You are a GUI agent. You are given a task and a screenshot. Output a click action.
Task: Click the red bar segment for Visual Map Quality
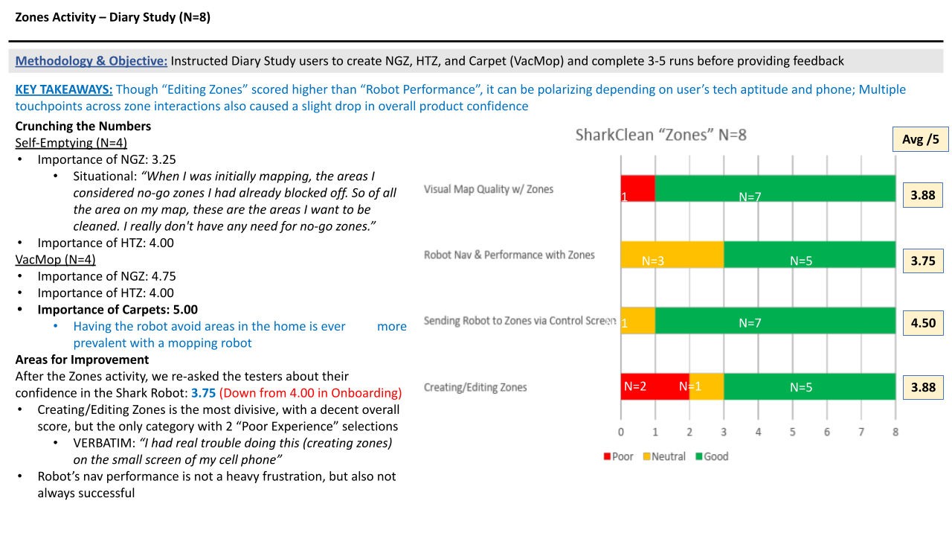(x=637, y=188)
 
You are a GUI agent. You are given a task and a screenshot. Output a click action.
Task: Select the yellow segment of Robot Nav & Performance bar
(x=672, y=255)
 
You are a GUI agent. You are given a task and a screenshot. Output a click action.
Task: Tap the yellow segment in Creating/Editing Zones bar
(x=707, y=386)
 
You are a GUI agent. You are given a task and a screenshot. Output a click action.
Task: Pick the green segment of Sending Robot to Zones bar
(x=775, y=321)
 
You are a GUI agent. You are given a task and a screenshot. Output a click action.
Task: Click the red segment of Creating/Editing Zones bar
(x=654, y=386)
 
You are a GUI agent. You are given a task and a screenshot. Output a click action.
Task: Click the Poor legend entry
(x=619, y=456)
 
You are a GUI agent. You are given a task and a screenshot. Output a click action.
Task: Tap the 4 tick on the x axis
(x=758, y=432)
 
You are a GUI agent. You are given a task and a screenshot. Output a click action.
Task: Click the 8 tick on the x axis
(x=895, y=432)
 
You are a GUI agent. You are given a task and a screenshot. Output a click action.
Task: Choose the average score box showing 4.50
(x=923, y=323)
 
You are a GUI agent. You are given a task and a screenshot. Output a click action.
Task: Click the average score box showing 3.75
(x=923, y=261)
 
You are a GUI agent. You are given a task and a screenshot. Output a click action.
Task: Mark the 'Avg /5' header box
(x=920, y=139)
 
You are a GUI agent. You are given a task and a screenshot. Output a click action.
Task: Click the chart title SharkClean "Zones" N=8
(x=660, y=135)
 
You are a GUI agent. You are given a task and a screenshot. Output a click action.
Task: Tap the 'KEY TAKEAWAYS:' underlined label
(x=64, y=89)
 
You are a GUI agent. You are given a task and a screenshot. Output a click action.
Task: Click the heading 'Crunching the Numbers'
(x=83, y=126)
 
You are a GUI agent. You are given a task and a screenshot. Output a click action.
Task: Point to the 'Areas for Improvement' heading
(x=82, y=360)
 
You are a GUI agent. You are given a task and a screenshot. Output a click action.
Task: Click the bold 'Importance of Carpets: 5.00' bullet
(x=118, y=310)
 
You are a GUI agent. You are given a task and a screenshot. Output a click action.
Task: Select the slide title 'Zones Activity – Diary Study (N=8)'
(x=112, y=17)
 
